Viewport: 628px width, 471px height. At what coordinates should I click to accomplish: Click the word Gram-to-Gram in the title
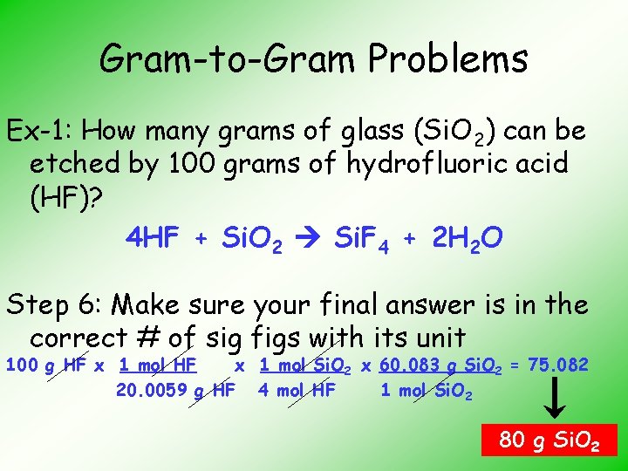tap(228, 59)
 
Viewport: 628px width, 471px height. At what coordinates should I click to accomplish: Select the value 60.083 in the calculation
tap(411, 365)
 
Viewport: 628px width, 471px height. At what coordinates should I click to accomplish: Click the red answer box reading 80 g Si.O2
tap(549, 441)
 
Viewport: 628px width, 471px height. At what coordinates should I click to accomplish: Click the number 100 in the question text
tap(181, 163)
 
